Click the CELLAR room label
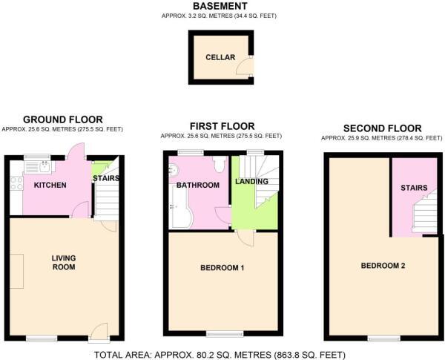pos(221,57)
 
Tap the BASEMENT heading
pos(220,6)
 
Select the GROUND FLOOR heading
pos(63,120)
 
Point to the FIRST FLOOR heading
pos(222,126)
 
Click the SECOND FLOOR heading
pos(383,128)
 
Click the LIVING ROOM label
pos(64,262)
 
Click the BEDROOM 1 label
pos(222,267)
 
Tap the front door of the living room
pos(99,332)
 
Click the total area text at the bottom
pos(220,354)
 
